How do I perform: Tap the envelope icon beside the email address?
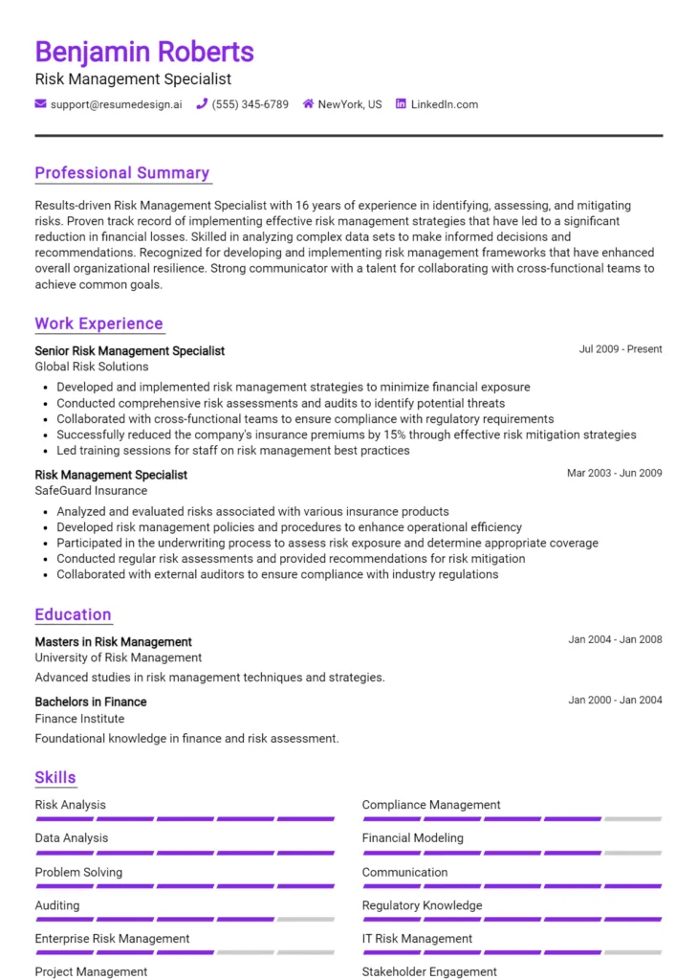tap(40, 103)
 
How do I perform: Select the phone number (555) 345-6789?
tap(250, 104)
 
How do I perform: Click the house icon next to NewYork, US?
tap(308, 103)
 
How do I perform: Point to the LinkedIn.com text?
tap(444, 104)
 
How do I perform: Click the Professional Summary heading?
tap(122, 173)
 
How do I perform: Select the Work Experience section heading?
tap(98, 323)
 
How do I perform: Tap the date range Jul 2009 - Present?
tap(621, 349)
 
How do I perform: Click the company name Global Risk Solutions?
tap(92, 367)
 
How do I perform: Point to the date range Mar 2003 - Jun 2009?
tap(614, 473)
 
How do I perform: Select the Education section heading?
tap(73, 614)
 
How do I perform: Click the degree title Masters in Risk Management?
tap(113, 642)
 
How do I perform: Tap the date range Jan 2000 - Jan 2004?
tap(615, 700)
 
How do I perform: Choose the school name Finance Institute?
tap(79, 719)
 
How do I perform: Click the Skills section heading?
tap(55, 777)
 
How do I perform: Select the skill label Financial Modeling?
tap(412, 838)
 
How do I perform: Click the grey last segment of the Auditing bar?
tap(306, 919)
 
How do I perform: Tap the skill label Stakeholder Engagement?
tap(429, 971)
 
